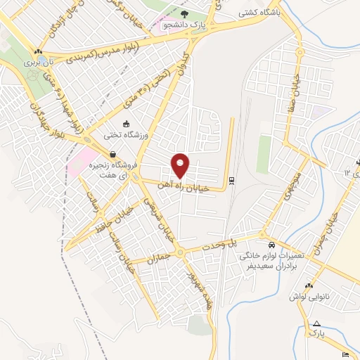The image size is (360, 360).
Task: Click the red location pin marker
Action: point(181,165)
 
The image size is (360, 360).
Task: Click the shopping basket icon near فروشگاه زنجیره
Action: point(112,155)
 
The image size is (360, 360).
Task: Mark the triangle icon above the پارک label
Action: point(316,323)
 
